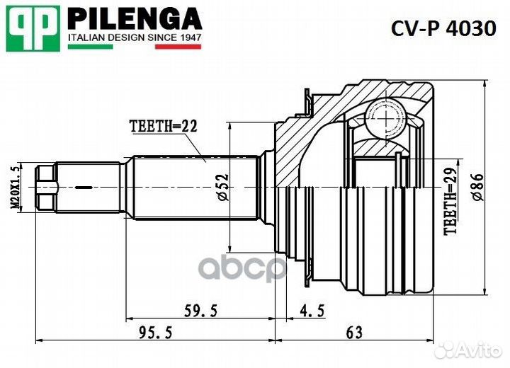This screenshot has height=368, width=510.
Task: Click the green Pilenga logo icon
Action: pos(33,28)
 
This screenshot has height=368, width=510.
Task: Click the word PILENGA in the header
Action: pos(135,18)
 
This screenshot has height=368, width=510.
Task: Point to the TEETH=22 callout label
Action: pos(162,127)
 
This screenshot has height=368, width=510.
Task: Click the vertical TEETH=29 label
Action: pos(450,202)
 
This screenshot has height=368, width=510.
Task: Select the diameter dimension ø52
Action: pos(222,186)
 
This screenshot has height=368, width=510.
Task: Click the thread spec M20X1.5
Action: pos(13,186)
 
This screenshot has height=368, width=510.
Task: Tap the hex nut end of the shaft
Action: pos(47,187)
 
